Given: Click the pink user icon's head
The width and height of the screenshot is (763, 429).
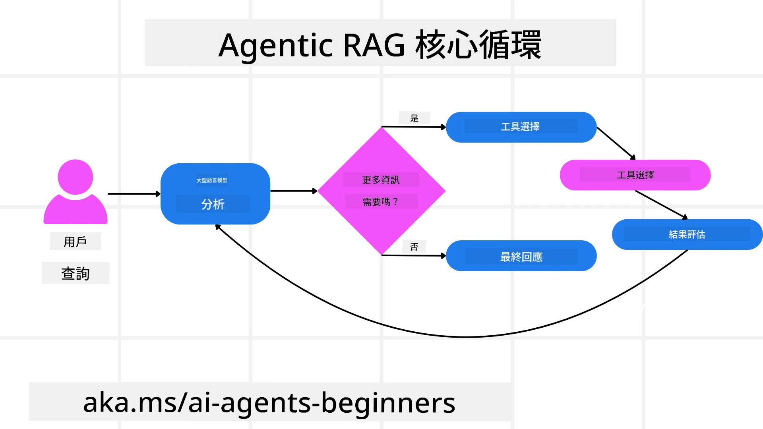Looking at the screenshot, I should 75,177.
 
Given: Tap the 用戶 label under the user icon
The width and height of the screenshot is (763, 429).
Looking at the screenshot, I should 75,242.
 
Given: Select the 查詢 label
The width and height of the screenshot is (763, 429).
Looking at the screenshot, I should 75,273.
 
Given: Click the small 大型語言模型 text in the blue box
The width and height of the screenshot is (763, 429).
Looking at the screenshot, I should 212,180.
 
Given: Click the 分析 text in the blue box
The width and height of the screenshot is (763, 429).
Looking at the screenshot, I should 213,204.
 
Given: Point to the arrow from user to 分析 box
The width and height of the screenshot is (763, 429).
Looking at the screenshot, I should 134,194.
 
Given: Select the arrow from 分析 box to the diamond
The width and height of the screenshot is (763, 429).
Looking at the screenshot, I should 293,191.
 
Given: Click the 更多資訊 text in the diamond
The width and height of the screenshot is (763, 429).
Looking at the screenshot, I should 381,180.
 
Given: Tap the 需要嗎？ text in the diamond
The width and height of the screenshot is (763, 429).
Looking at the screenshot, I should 381,202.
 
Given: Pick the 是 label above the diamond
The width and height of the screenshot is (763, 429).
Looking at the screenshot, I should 414,118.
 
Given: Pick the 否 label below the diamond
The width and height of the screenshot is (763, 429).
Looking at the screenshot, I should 414,247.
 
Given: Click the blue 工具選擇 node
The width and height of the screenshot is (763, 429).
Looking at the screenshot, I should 521,127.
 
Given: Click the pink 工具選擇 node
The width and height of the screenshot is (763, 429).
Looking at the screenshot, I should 635,175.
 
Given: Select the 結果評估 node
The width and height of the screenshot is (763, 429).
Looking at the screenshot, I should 687,235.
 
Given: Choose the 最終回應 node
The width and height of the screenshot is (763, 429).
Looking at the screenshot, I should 521,257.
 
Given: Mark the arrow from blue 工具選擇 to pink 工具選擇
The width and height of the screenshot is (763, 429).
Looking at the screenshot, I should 616,143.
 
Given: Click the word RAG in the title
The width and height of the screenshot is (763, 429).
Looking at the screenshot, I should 374,45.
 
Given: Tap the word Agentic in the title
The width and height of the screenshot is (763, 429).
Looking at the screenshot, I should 275,45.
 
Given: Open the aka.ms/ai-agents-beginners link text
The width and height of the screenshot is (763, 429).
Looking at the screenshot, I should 269,403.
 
